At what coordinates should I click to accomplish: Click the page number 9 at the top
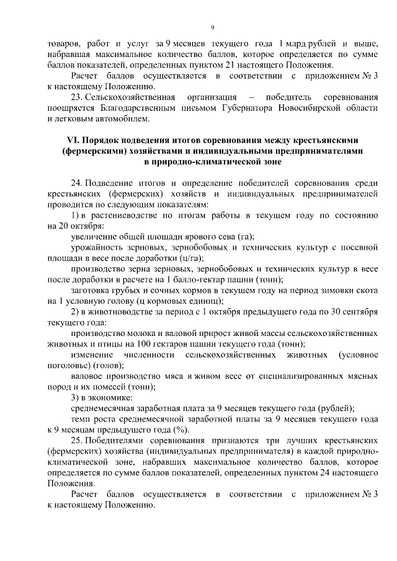point(212,27)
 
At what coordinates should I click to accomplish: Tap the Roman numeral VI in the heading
point(74,139)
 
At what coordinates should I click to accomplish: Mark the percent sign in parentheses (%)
point(181,430)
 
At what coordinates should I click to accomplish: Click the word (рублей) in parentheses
point(335,409)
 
